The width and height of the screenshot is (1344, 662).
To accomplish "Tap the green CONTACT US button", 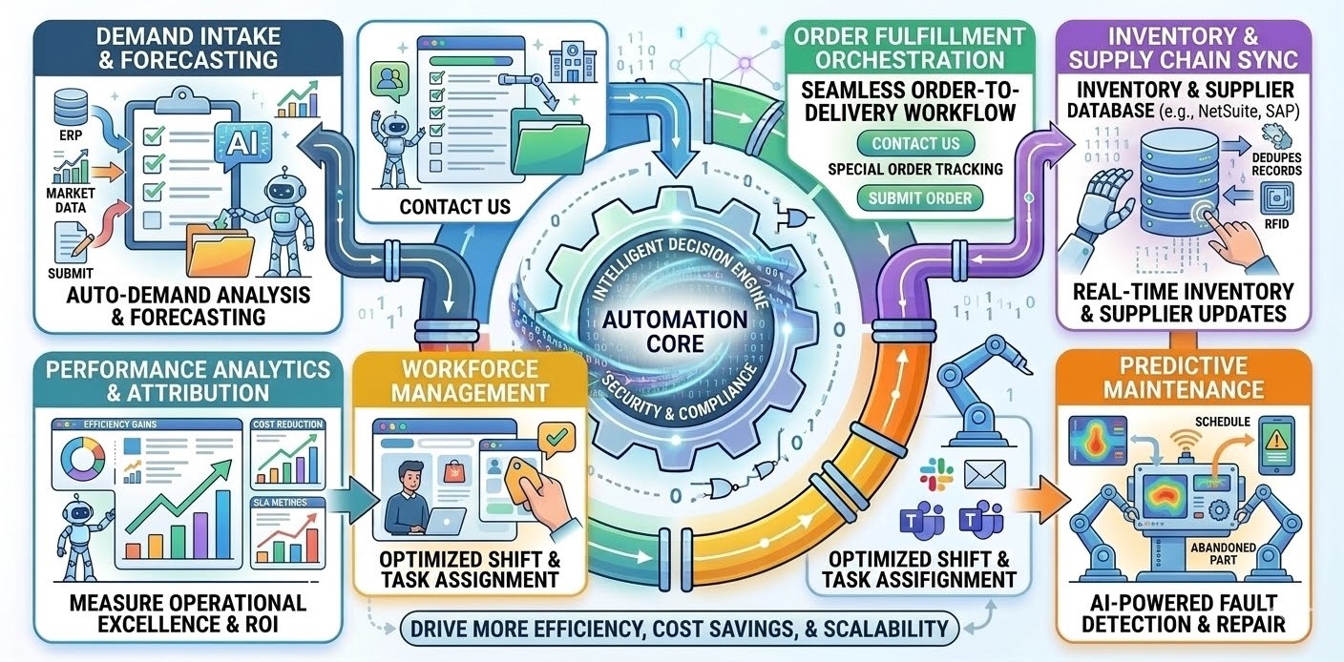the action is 915,144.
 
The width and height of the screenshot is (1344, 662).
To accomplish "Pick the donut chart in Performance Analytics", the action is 83,459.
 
